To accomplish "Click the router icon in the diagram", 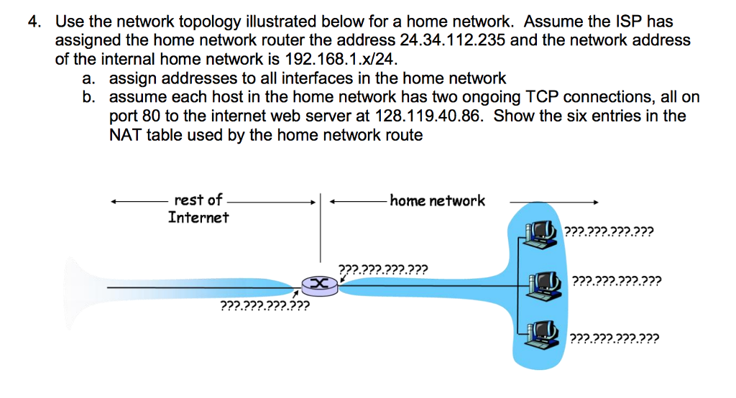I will [318, 286].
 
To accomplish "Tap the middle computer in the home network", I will [542, 282].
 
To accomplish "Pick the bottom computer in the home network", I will [542, 331].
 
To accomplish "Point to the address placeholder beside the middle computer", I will [616, 281].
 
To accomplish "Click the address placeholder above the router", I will [383, 271].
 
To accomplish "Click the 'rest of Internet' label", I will [198, 208].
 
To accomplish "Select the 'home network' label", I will [437, 201].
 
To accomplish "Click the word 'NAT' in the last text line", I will [126, 134].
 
